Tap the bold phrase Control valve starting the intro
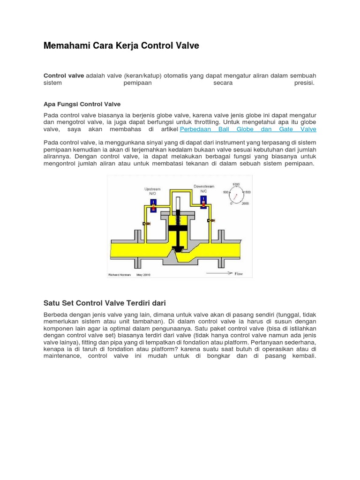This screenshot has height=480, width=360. (64, 75)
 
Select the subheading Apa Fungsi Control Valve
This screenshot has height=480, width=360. (82, 104)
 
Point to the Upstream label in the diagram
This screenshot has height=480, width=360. (152, 189)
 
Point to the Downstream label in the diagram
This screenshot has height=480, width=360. (204, 187)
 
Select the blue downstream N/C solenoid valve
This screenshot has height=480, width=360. (203, 202)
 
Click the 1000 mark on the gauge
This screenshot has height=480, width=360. (236, 184)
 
